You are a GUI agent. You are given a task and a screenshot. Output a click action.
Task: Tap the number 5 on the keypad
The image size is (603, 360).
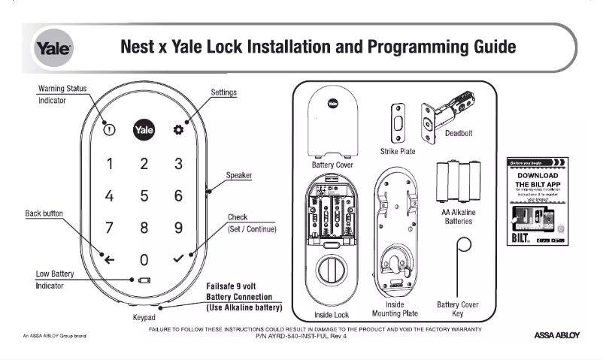click(144, 196)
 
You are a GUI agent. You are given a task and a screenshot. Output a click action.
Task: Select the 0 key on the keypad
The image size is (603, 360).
click(144, 260)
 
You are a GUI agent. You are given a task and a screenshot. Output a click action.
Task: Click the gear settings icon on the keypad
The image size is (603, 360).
click(178, 129)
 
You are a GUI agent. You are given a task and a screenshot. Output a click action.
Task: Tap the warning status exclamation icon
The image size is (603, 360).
click(110, 129)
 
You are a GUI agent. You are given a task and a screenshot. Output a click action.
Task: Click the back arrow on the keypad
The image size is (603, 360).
click(110, 260)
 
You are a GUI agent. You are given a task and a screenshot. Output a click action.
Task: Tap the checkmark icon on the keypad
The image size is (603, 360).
click(178, 259)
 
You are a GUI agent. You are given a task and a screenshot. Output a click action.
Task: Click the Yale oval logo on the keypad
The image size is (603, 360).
click(144, 129)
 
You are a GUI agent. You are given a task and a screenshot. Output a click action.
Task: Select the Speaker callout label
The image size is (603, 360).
click(238, 175)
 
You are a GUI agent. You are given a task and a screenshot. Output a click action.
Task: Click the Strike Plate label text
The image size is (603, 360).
click(398, 151)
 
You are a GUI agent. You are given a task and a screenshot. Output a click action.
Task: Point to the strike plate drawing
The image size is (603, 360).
click(397, 123)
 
